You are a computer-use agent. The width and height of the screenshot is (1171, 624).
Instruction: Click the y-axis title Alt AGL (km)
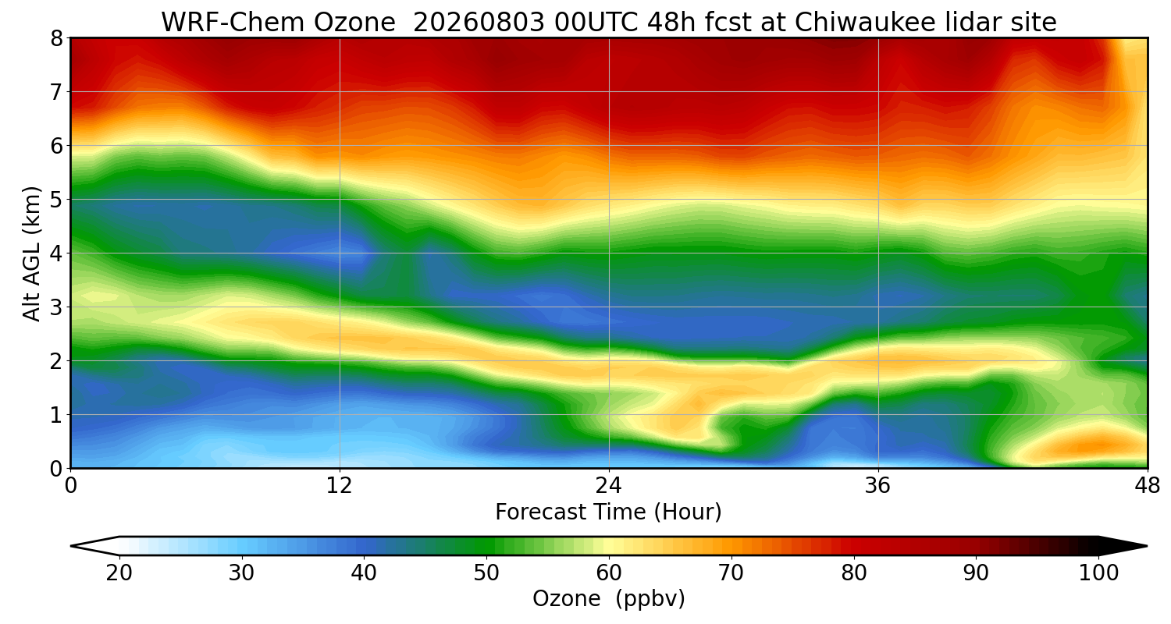pos(32,253)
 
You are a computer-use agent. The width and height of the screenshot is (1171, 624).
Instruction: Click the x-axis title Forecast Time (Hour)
pos(608,512)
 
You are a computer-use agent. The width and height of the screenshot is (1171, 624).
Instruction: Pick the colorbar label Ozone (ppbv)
pos(608,598)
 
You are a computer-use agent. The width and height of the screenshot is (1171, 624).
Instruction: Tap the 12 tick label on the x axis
pos(340,486)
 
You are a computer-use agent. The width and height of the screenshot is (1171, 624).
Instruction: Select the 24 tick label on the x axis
pos(608,486)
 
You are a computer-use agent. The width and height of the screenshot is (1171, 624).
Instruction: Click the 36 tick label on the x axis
pos(877,486)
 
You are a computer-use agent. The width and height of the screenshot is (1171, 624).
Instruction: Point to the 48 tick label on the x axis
pos(1148,486)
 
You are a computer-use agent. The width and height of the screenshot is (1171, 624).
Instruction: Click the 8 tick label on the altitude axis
pos(56,39)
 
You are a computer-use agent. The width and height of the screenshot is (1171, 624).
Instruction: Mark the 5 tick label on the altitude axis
pos(56,200)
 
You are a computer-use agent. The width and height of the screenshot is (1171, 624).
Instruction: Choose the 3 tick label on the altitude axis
pos(56,307)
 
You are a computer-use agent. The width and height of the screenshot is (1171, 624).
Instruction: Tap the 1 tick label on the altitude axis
pos(56,415)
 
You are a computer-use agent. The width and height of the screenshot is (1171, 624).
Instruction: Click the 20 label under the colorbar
pos(119,573)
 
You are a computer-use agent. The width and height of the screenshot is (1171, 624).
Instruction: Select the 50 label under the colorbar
pos(486,573)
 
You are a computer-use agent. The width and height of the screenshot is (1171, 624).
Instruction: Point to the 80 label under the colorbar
pos(854,573)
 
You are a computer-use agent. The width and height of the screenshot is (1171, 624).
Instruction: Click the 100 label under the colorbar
pos(1099,573)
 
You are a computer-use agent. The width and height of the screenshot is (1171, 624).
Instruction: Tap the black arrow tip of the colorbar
pos(1147,546)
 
